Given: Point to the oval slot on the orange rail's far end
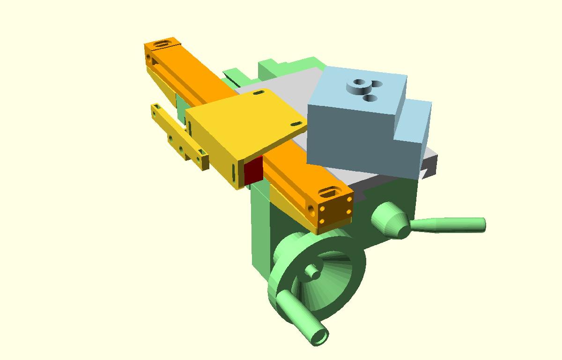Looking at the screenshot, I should (162, 45).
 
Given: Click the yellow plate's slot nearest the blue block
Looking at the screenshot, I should (296, 123).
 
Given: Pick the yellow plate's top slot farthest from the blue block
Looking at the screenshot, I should (258, 93).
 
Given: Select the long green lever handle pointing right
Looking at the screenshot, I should (450, 225).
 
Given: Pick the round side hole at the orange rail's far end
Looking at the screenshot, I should (149, 58).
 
